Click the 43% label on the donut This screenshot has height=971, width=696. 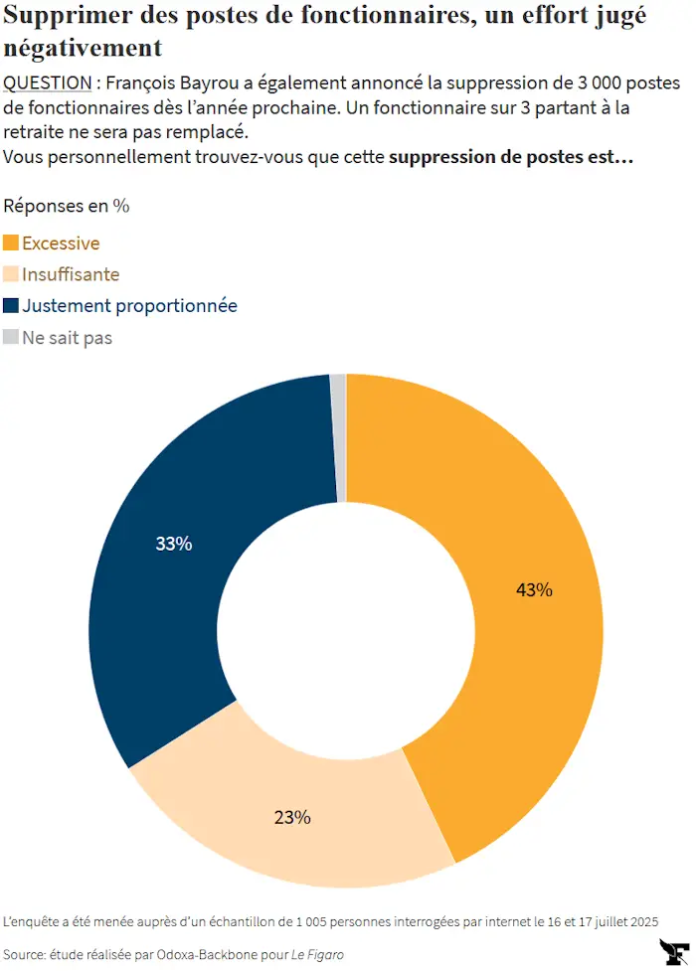click(534, 589)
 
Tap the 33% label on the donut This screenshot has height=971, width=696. click(174, 543)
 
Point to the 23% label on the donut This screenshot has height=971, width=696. click(292, 817)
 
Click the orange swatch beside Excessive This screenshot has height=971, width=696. click(11, 243)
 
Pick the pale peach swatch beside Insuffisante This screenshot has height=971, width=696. click(11, 273)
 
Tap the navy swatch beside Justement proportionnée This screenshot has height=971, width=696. click(11, 305)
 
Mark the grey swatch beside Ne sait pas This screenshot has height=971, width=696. click(11, 337)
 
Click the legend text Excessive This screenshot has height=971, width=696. click(61, 243)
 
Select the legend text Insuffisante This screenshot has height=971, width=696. click(71, 274)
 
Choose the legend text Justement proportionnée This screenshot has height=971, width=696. click(129, 306)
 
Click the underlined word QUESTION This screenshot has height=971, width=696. click(47, 82)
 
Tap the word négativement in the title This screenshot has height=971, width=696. click(83, 48)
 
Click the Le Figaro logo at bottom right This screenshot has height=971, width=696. click(674, 952)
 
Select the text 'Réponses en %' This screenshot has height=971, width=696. click(67, 206)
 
